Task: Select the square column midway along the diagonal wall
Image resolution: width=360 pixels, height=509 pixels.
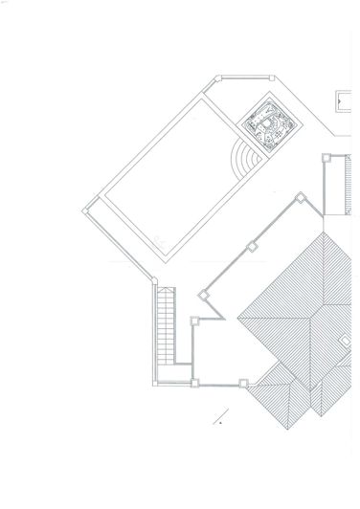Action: click(x=253, y=246)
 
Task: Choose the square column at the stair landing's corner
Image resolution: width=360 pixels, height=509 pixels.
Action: click(x=194, y=384)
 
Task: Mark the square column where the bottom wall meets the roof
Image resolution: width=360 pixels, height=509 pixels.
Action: click(x=243, y=385)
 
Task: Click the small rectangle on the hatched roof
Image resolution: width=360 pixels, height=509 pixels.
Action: click(x=345, y=339)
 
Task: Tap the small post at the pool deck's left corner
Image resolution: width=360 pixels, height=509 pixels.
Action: click(x=90, y=203)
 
